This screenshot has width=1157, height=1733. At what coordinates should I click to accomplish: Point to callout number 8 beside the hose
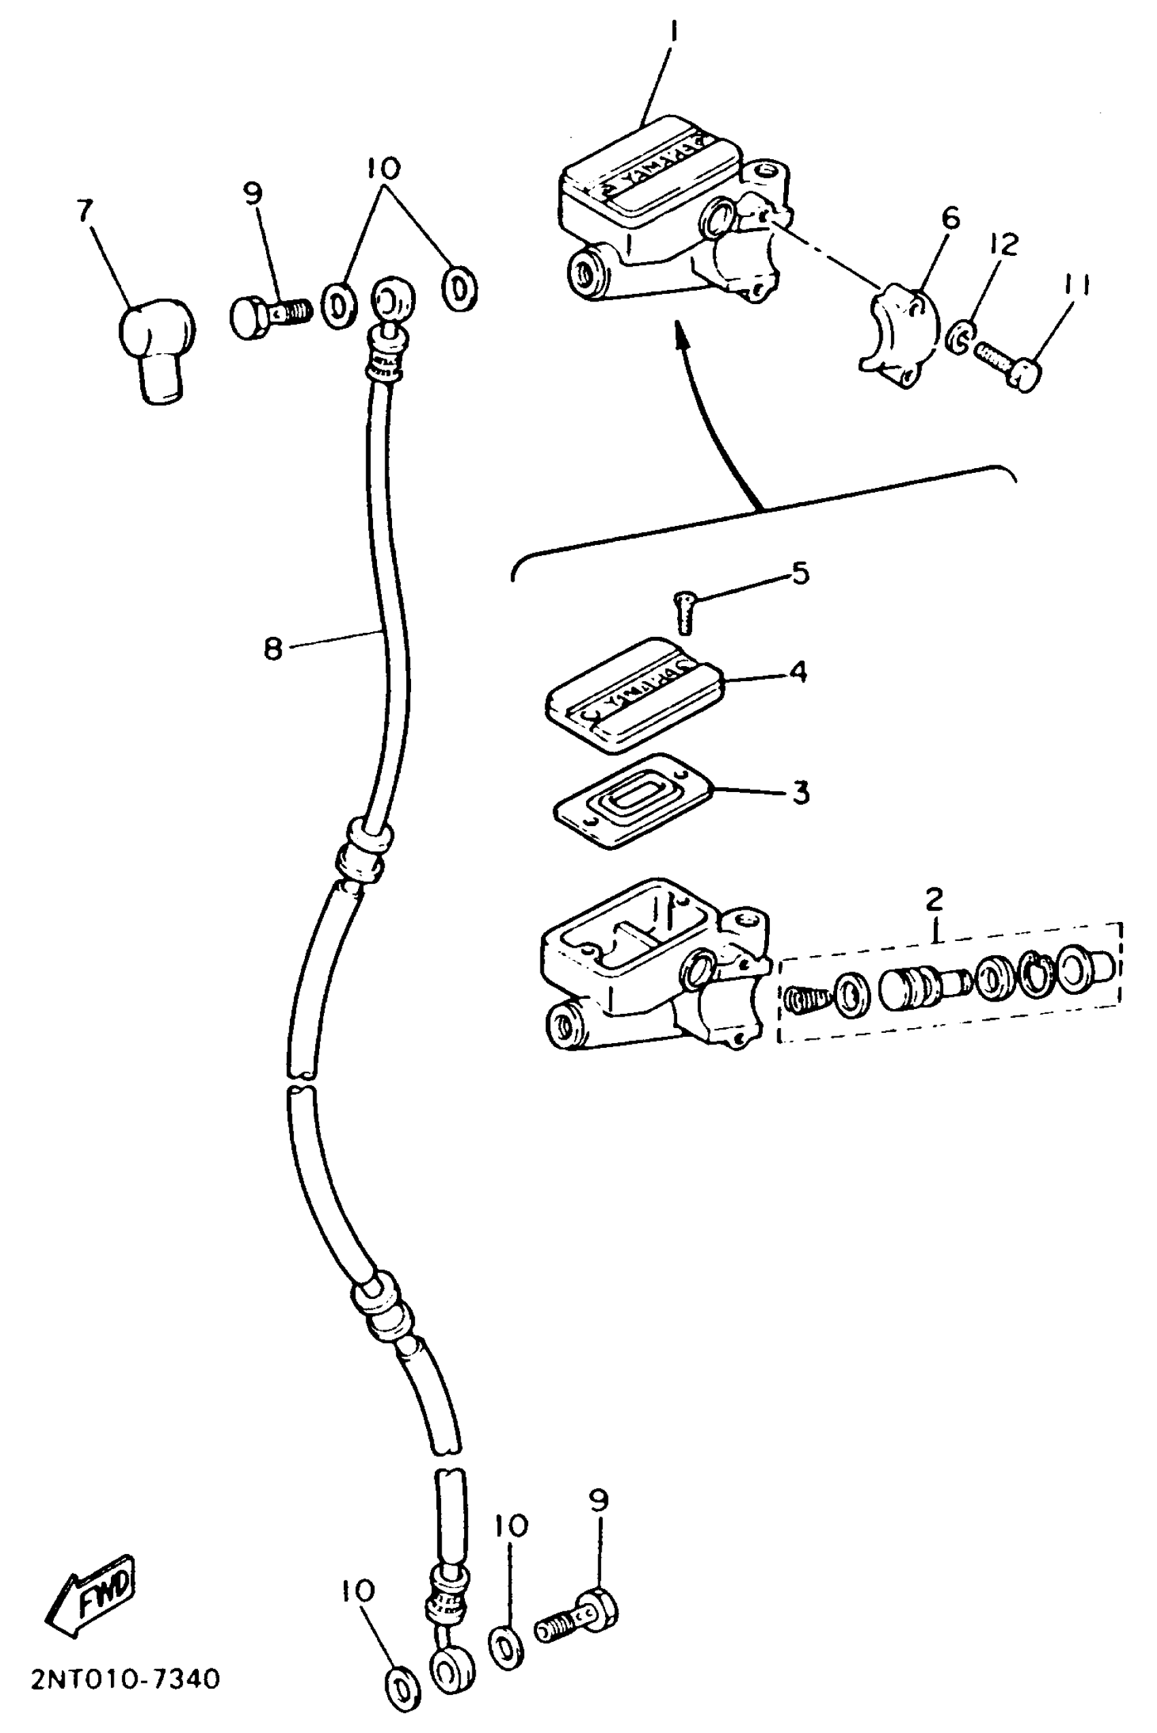(x=273, y=649)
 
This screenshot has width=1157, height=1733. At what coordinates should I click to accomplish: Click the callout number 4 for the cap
(x=798, y=672)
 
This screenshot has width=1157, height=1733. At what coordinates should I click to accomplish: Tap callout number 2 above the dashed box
(x=934, y=899)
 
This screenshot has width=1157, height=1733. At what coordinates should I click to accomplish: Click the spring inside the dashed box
(x=804, y=1000)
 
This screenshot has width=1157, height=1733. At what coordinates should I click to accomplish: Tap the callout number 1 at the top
(x=672, y=34)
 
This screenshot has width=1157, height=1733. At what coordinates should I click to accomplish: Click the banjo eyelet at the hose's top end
(x=392, y=301)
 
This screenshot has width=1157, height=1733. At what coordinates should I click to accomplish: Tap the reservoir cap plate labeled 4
(x=634, y=695)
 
